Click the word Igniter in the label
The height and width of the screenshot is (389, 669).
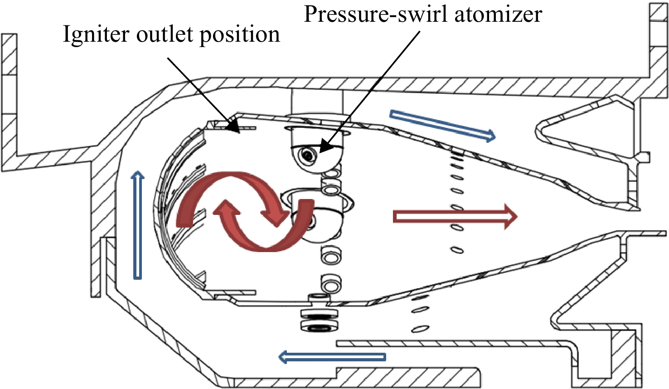click(96, 35)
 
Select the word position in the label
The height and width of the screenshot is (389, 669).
click(240, 35)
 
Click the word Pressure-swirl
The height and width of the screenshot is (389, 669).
click(376, 14)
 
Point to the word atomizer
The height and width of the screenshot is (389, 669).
click(499, 15)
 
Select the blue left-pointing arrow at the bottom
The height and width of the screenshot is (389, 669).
click(332, 357)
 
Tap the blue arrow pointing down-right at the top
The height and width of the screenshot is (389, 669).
click(443, 126)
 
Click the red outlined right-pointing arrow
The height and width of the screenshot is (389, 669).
click(455, 217)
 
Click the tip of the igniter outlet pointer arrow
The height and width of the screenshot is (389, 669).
click(239, 132)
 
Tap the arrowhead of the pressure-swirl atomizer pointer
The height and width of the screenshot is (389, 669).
click(320, 152)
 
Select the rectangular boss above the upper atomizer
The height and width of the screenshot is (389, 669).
click(317, 102)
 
